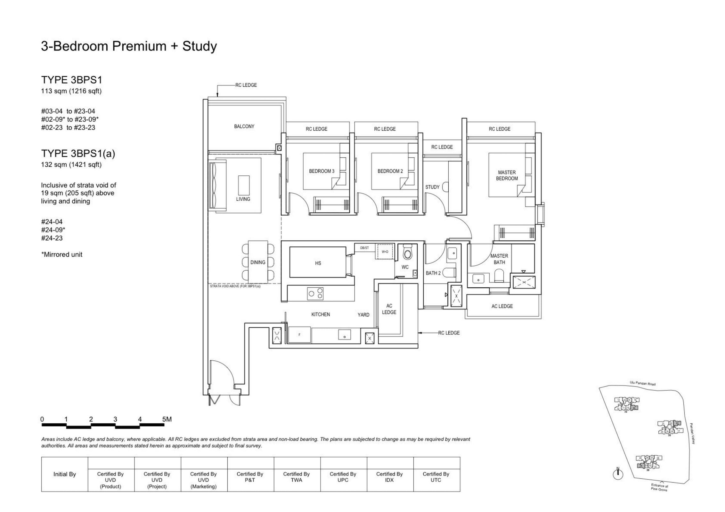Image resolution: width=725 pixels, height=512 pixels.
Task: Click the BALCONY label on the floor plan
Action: tap(244, 126)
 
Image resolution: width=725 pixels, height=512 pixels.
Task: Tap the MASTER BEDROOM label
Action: tap(507, 175)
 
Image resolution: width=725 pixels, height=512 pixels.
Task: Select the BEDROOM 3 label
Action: tap(322, 171)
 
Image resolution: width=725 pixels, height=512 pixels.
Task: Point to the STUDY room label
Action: tap(432, 187)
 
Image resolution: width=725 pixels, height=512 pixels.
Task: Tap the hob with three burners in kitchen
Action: tap(315, 293)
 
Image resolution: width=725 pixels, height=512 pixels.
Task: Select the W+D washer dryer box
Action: tap(385, 252)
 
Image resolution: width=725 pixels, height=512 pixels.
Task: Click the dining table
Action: tap(258, 262)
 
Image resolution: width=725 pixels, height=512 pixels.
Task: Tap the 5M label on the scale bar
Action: tap(167, 419)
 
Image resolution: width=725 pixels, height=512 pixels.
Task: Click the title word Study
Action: tap(200, 46)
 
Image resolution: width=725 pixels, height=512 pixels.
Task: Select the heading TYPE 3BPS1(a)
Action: tap(78, 154)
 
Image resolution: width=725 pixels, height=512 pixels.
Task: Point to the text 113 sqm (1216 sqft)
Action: tap(71, 91)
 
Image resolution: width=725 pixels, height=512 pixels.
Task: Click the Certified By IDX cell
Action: tap(389, 477)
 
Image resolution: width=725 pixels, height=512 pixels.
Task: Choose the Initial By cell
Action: tap(64, 474)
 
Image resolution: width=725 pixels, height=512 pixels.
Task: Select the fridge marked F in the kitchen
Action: tap(299, 335)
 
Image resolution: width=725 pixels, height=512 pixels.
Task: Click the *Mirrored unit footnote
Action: tap(61, 255)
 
